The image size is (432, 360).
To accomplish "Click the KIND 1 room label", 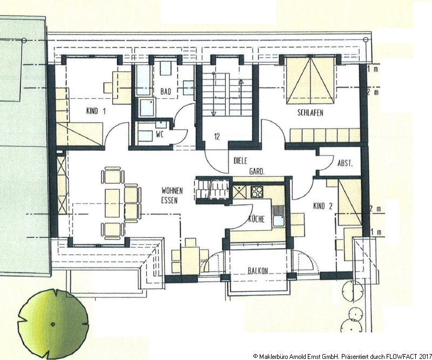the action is [x=96, y=111].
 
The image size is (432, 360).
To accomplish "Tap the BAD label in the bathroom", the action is [x=166, y=91].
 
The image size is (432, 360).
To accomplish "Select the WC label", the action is [x=160, y=135].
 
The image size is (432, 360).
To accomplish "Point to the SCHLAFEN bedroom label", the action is [x=310, y=113].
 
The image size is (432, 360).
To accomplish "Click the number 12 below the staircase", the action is [x=217, y=136].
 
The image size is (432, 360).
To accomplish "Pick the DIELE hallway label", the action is [x=240, y=161].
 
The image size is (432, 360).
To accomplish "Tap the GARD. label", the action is [x=257, y=171].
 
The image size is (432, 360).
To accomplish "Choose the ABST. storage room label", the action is [x=345, y=163].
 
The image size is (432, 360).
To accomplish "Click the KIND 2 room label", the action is [x=323, y=206].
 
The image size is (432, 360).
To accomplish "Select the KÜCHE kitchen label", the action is [x=256, y=219].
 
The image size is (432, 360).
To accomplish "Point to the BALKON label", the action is [x=258, y=271].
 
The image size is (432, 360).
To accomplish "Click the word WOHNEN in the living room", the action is [x=172, y=191].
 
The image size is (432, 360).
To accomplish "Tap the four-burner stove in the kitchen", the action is [x=257, y=192].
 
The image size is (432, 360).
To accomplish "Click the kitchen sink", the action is [x=278, y=221].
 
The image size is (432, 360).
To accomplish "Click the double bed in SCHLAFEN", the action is [x=311, y=80].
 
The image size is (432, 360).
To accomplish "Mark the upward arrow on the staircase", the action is [x=241, y=97].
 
